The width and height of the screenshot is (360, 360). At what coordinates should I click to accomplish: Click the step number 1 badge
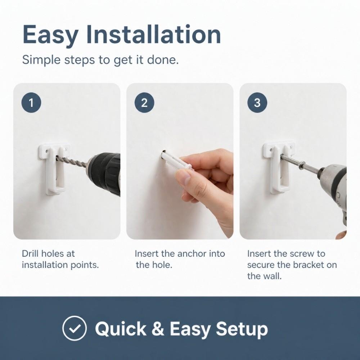tap(31, 103)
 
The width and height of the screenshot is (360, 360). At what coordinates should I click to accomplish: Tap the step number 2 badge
tap(144, 103)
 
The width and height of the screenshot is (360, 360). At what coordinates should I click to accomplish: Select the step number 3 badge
tap(257, 103)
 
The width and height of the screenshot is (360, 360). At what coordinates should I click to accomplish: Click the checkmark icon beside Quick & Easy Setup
tap(75, 328)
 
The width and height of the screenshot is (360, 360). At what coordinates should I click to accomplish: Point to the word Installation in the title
tap(153, 35)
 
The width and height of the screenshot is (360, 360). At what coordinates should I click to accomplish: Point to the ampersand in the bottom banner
tap(158, 329)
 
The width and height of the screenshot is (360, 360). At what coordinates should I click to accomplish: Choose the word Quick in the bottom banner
tap(121, 329)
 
